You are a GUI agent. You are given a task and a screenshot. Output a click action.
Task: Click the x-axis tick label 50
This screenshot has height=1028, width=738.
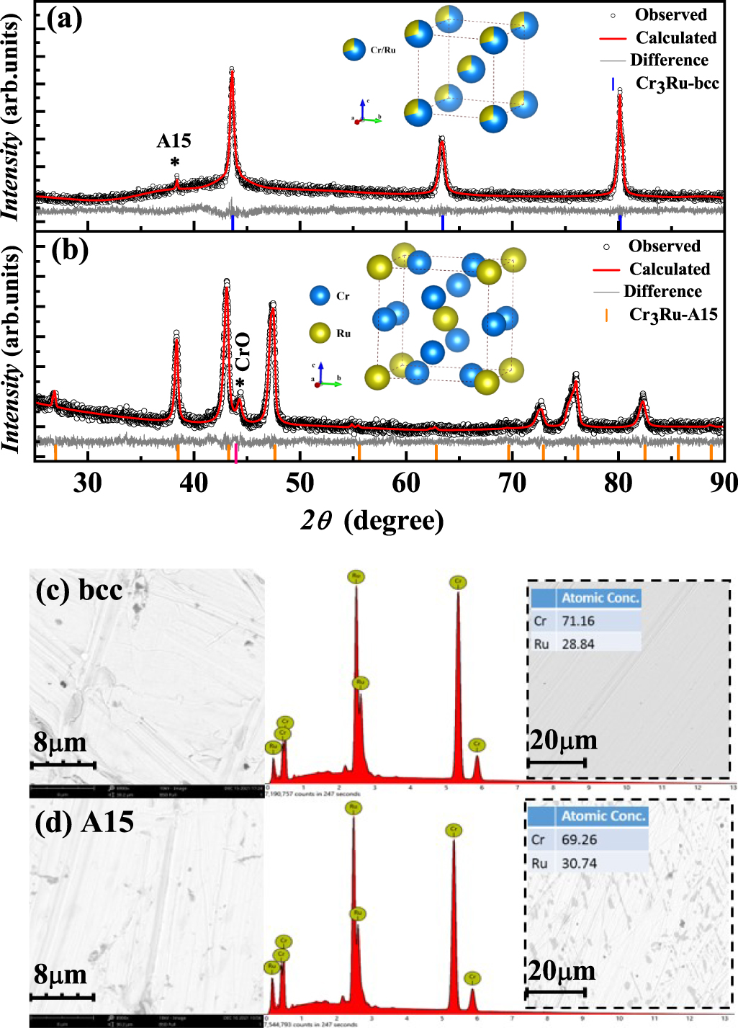(300, 483)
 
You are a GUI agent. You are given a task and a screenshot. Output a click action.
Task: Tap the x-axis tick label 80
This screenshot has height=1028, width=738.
(618, 483)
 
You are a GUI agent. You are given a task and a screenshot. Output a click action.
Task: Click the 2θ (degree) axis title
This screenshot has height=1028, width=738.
(372, 520)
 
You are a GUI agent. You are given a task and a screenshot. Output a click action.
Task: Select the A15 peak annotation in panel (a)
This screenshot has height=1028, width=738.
(174, 141)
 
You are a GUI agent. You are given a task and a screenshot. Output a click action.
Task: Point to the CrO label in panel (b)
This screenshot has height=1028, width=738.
(243, 352)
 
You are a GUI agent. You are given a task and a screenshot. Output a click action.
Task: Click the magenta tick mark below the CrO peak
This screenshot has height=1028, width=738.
(236, 453)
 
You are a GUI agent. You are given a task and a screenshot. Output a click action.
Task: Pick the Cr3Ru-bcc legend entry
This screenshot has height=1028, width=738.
(677, 84)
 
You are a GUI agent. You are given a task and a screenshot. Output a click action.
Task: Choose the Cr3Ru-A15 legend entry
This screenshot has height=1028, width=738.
(672, 315)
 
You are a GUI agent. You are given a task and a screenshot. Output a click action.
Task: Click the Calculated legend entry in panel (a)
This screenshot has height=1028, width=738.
(675, 37)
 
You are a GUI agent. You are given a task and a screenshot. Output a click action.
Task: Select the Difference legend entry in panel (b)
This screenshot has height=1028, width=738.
(662, 291)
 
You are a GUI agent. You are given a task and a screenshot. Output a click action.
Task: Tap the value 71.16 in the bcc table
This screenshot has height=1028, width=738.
(578, 621)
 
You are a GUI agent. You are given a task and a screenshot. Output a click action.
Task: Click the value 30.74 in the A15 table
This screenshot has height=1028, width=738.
(579, 863)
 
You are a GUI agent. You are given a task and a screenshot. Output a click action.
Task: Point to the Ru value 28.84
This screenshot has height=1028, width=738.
(578, 644)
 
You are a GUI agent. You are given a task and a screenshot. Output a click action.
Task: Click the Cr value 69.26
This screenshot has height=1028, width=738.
(579, 840)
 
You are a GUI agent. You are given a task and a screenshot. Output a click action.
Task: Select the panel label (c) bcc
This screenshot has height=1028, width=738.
(79, 590)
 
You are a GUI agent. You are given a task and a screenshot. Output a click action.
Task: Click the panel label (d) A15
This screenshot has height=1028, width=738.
(84, 822)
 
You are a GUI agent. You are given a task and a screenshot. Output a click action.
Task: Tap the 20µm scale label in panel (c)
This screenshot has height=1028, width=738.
(564, 740)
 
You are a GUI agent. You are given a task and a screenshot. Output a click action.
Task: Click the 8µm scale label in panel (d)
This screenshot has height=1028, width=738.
(60, 975)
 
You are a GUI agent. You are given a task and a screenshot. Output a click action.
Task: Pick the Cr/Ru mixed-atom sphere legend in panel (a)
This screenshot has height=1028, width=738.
(354, 50)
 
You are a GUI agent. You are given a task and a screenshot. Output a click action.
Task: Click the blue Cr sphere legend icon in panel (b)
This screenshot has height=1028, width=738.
(320, 295)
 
